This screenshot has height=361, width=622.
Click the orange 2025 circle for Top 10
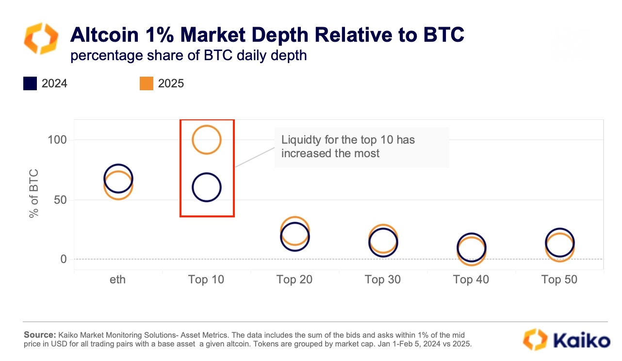click(x=207, y=140)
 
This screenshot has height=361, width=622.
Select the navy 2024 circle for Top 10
click(x=207, y=187)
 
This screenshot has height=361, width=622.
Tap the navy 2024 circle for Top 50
click(x=560, y=242)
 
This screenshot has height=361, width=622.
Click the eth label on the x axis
click(x=118, y=279)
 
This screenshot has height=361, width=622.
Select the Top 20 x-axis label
click(x=295, y=279)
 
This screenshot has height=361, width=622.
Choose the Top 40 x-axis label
click(x=471, y=279)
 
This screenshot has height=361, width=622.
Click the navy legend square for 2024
click(x=30, y=83)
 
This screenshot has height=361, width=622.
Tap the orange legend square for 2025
click(x=147, y=83)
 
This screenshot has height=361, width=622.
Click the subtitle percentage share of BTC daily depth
click(x=189, y=55)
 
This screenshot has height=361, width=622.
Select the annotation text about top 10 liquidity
click(x=348, y=147)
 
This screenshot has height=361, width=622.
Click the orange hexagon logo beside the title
click(x=41, y=38)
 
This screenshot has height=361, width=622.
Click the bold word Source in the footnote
click(x=40, y=335)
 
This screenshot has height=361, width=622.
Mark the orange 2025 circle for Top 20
click(x=295, y=231)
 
